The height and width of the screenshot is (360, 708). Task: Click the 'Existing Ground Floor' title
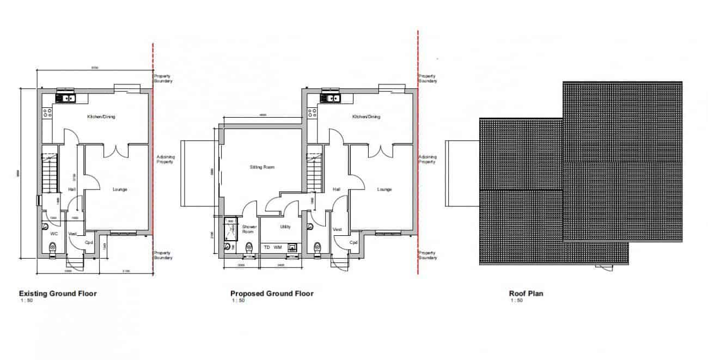(58, 294)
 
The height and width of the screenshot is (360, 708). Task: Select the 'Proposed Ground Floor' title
(272, 294)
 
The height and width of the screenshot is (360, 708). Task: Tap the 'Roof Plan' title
(526, 294)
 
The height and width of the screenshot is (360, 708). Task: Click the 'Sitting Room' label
(262, 167)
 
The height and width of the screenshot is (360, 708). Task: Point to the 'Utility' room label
(285, 227)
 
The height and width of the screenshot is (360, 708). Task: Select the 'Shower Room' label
(249, 229)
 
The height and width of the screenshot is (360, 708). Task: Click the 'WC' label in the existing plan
(54, 233)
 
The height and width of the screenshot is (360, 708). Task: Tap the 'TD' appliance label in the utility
(267, 247)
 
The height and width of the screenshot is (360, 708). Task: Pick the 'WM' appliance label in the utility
(278, 247)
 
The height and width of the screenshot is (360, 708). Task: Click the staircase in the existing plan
(50, 172)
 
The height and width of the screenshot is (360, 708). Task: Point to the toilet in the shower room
(249, 247)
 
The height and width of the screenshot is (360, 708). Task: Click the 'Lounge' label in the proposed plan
(384, 190)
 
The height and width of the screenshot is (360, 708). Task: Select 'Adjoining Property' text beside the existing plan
(164, 159)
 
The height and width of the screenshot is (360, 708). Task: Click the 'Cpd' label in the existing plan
(89, 242)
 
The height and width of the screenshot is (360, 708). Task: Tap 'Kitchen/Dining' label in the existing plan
(101, 117)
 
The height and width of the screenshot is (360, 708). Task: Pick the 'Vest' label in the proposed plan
(337, 230)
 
